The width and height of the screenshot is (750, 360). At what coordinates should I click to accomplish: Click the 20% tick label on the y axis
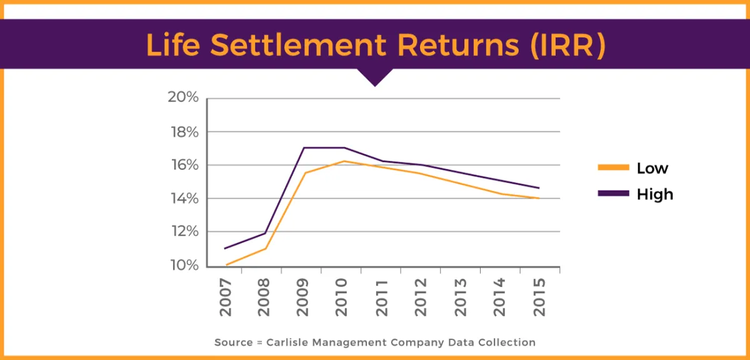183,98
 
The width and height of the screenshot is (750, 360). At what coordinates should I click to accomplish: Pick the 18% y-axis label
183,132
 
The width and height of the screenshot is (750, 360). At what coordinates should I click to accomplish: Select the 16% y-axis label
183,165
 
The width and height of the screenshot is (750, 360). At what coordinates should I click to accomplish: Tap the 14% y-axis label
183,199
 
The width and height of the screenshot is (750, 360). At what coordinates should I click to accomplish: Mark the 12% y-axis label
183,232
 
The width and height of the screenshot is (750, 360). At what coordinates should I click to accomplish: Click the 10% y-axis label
183,266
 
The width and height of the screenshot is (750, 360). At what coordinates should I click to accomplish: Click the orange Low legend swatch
612,167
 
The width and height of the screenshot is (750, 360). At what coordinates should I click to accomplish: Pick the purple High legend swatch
612,194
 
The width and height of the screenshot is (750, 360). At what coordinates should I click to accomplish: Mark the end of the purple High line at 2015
539,187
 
